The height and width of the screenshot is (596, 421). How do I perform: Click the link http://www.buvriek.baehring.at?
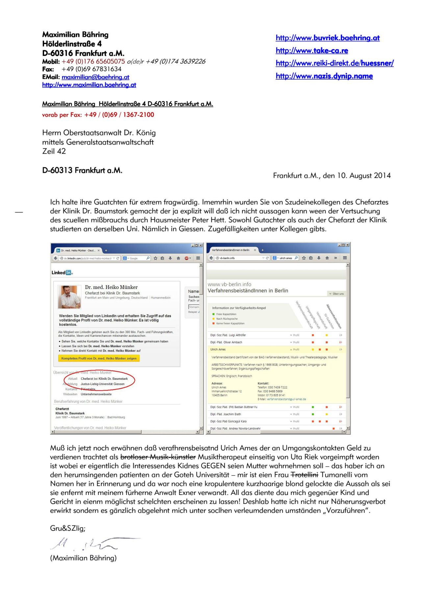pos(328,38)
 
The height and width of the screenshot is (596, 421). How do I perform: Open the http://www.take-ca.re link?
pos(312,51)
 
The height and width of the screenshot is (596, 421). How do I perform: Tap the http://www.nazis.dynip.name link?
pos(324,76)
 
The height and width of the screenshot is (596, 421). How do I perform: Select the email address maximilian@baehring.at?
pos(95,77)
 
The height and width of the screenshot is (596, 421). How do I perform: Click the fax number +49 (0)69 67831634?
pos(91,69)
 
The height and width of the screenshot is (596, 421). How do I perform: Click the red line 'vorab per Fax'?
pos(98,115)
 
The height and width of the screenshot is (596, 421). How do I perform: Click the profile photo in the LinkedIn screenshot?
pos(69,297)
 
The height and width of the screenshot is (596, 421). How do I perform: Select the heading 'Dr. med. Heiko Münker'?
pos(111,287)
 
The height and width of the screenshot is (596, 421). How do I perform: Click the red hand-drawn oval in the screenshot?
pos(99,381)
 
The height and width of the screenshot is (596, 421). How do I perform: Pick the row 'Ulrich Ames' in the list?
pos(218,350)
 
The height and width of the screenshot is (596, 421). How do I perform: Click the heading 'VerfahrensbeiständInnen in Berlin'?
pos(248,291)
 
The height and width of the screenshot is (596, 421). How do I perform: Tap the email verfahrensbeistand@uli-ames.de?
pos(286,399)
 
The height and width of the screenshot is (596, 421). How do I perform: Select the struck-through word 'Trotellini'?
pos(304,475)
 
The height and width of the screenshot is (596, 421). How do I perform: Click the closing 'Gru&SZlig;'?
pos(67,528)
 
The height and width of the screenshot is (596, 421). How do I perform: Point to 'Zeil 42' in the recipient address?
pos(54,151)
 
